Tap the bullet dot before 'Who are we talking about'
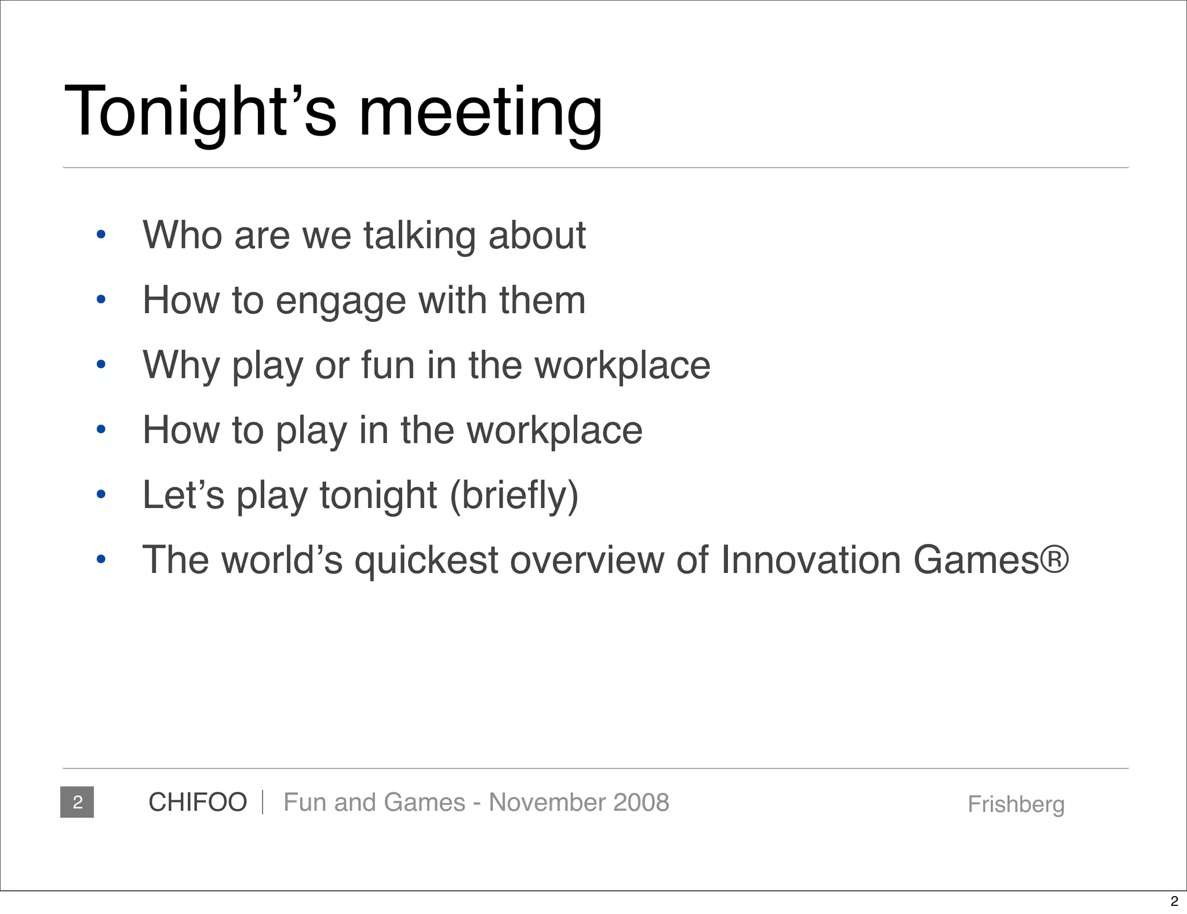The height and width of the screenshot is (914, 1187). pos(101,235)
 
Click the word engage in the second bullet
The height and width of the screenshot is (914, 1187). pos(341,302)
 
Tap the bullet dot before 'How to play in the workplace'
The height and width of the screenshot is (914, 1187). pos(101,430)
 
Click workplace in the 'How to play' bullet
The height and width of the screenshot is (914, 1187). pos(555,431)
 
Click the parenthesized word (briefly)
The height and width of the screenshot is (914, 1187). pos(514,496)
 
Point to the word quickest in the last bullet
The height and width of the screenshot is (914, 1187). pos(426,561)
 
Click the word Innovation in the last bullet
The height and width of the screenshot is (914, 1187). pos(810,560)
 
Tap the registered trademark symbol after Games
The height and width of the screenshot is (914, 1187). pos(1055,560)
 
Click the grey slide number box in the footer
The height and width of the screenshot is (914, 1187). pos(77,802)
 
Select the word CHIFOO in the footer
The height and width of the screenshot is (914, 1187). pos(198,803)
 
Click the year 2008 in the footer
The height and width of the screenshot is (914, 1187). pos(641,803)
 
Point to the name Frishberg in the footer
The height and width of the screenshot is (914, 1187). pos(1016,805)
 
